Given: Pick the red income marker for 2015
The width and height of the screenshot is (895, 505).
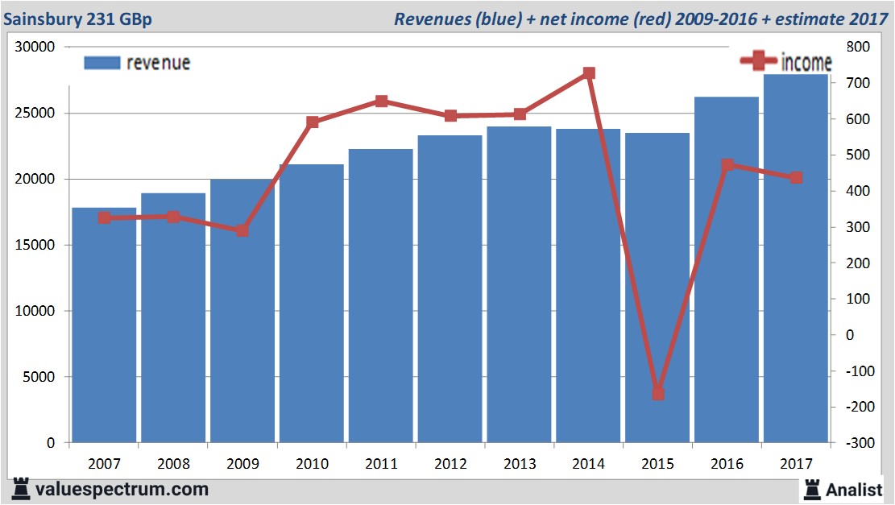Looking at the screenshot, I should (x=658, y=394).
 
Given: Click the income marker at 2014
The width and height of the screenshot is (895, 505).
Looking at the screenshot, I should (x=589, y=73).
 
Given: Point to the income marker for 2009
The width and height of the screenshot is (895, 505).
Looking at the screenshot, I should (x=242, y=230).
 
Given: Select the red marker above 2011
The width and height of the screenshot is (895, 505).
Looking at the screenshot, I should (x=381, y=101).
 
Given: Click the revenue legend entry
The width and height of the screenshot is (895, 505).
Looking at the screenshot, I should (x=137, y=63).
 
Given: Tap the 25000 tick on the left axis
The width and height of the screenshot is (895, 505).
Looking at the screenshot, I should (x=34, y=114).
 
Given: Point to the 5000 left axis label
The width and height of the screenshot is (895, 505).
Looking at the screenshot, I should (x=38, y=377).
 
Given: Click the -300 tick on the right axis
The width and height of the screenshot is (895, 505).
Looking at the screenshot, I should (x=856, y=443).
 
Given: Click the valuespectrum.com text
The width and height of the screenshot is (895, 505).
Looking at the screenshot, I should (x=122, y=489).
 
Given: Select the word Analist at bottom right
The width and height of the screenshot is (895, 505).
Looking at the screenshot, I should (x=854, y=489).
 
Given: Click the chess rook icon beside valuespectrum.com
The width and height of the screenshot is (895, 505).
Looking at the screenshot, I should (x=20, y=489).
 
